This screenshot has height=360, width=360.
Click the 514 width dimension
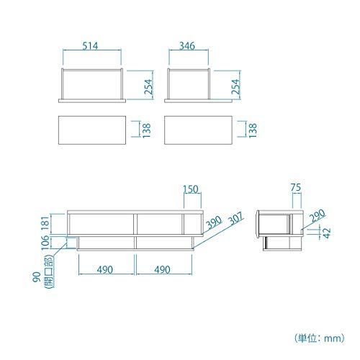(90, 45)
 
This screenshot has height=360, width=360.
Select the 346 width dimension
(187, 45)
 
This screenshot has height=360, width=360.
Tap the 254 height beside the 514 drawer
(148, 86)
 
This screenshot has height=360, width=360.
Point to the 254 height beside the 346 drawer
(235, 86)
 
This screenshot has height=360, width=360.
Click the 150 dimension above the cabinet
(191, 189)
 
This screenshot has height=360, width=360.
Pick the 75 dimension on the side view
(296, 187)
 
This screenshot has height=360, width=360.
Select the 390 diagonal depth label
(214, 222)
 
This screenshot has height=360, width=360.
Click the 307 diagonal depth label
(236, 218)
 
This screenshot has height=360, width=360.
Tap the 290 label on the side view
(318, 215)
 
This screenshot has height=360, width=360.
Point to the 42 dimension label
(327, 233)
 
